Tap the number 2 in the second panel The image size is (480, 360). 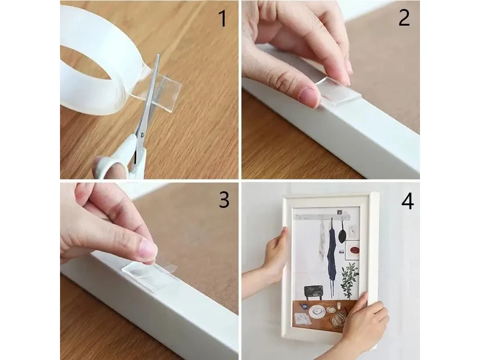[x=404, y=18]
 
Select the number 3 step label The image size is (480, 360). [x=224, y=200]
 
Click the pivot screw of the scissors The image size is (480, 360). [x=142, y=134]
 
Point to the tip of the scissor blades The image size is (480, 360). [x=159, y=55]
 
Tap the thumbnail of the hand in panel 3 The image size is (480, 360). [x=148, y=248]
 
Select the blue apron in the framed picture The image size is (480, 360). [x=332, y=254]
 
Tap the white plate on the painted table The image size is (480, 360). [x=317, y=312]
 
